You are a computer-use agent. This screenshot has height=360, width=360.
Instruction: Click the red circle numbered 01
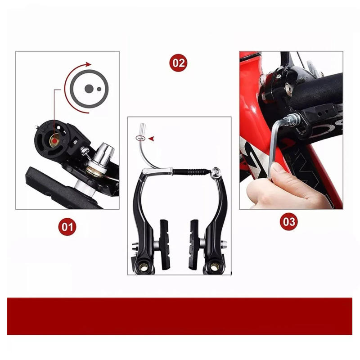tap(67, 226)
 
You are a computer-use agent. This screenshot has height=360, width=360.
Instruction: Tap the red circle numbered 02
tap(178, 63)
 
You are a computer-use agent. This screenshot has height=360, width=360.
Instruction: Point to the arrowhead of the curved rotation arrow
tap(89, 64)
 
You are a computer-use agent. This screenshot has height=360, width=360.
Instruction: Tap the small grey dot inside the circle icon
tap(99, 89)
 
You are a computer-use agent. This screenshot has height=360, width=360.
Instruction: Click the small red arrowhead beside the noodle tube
tap(151, 139)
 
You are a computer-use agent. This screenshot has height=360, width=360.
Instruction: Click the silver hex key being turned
tap(275, 144)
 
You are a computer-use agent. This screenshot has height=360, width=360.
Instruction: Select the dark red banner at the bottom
tap(180, 316)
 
